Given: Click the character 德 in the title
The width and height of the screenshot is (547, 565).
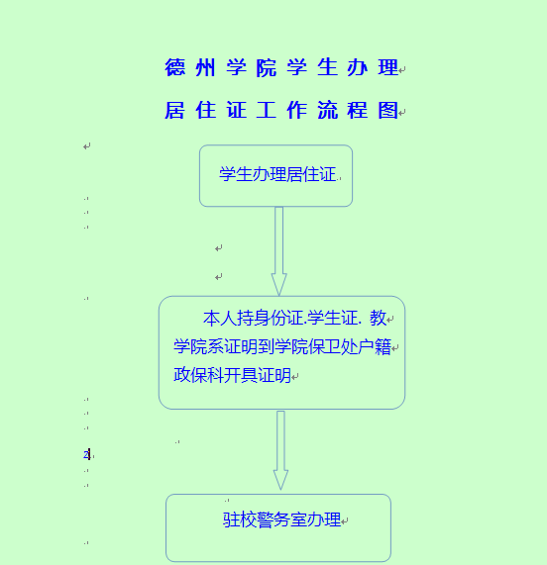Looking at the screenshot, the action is point(175,67).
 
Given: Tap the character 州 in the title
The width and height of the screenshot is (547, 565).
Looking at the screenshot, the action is point(205,67).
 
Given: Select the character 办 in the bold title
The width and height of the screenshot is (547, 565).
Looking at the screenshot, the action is point(357,67).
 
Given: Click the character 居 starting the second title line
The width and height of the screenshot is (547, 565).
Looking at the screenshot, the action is point(175,110).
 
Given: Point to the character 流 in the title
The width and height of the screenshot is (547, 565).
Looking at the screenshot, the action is point(328,110).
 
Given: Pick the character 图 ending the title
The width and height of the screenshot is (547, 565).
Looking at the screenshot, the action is point(387,110).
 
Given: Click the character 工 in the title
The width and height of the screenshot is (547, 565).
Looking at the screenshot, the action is point(267,110).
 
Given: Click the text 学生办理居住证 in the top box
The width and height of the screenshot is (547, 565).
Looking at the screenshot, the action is point(277,174).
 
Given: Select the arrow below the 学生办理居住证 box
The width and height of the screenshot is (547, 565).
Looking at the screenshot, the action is point(278,251).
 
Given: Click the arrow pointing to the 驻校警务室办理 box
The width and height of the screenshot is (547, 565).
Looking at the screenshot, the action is point(280,450).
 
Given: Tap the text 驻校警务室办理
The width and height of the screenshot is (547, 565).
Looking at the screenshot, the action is point(281,519).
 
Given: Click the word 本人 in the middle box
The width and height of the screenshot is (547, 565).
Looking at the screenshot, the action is point(220,319).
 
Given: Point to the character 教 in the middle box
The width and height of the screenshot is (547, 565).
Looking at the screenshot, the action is point(378,319).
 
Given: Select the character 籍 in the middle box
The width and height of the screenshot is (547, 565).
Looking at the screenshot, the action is point(383,347).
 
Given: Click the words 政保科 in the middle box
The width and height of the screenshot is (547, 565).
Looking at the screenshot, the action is point(198,375).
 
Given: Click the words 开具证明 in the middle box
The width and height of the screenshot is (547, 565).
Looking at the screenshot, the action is point(258,375).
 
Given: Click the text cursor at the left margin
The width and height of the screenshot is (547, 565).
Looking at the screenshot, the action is point(89,455).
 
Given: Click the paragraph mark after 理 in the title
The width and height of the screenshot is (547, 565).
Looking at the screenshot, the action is point(402,69).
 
